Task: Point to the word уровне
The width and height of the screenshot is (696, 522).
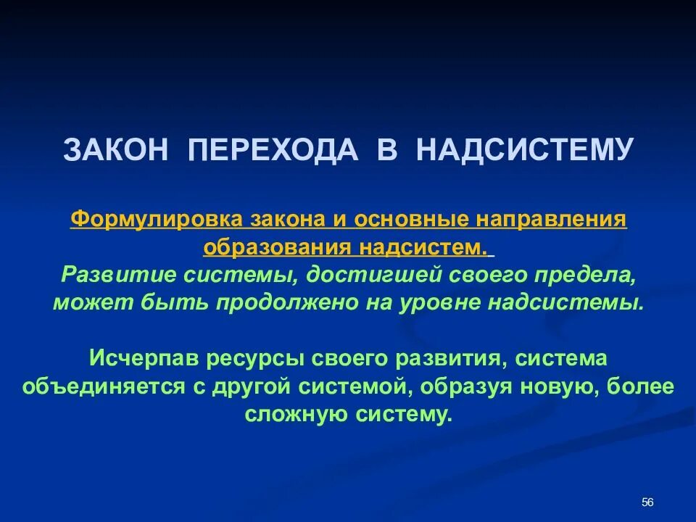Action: coord(444,302)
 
